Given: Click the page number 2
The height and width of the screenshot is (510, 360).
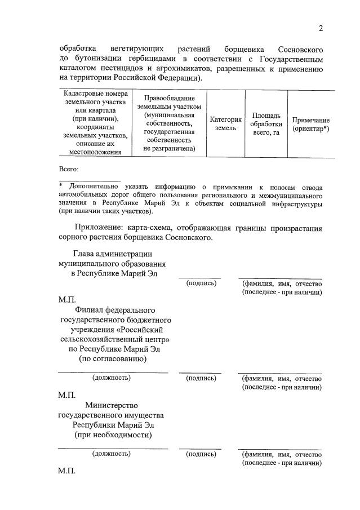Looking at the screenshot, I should point(321,29).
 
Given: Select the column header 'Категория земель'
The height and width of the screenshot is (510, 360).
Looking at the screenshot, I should point(226,124).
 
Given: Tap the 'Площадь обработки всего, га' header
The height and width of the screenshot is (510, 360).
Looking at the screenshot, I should point(266,124).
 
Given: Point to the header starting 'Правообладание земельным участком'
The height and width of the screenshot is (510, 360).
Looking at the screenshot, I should point(169,123).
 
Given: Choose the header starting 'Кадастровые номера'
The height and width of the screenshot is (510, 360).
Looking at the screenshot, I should point(95,123).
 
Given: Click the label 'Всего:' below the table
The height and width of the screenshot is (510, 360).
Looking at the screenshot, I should point(69,169).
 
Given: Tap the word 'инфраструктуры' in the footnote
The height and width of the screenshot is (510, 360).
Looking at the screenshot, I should point(296,203).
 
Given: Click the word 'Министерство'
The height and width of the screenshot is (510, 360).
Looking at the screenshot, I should point(112,405).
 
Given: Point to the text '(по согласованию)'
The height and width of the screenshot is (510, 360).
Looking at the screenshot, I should point(113,358).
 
